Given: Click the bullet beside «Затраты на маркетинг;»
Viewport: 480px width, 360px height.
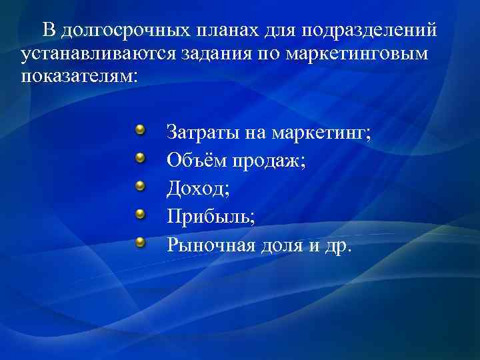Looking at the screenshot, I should tap(141, 129).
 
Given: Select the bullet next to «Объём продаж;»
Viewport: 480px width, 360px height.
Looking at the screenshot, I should tap(141, 157).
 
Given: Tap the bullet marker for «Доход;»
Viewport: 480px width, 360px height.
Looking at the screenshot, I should tap(141, 186).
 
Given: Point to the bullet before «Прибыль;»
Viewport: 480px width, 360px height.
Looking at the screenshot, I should tap(141, 214).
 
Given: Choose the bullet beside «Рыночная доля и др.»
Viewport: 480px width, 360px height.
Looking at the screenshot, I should tap(141, 243).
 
